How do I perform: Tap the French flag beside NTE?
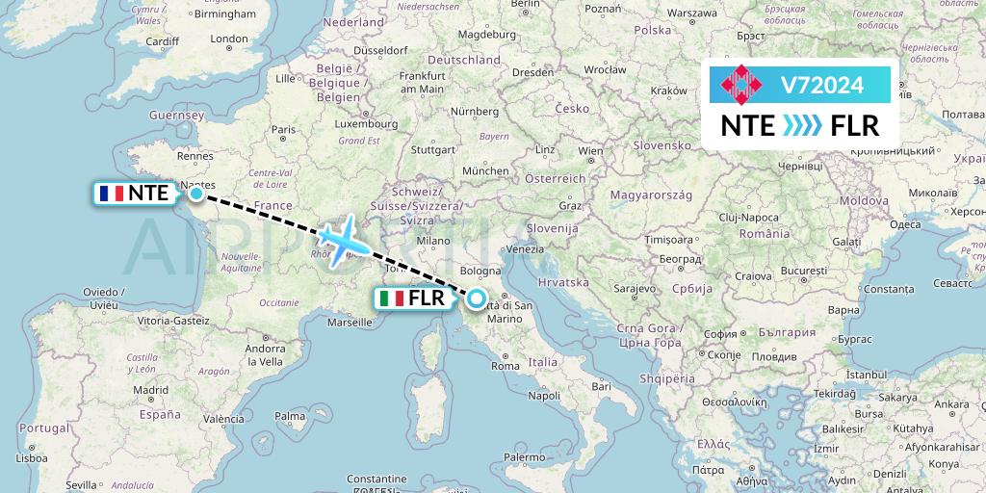(111, 194)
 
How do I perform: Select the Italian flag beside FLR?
(391, 298)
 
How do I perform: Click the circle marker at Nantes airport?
(196, 194)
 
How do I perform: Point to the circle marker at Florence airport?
(477, 298)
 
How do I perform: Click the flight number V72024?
(821, 86)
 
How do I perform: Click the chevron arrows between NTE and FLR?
(801, 126)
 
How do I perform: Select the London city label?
(229, 39)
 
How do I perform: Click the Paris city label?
(283, 128)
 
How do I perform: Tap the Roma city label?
(506, 366)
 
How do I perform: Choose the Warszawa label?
(691, 14)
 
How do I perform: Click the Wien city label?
(590, 151)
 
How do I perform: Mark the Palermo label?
(523, 456)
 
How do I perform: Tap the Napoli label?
(544, 396)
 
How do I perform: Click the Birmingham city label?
(224, 14)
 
